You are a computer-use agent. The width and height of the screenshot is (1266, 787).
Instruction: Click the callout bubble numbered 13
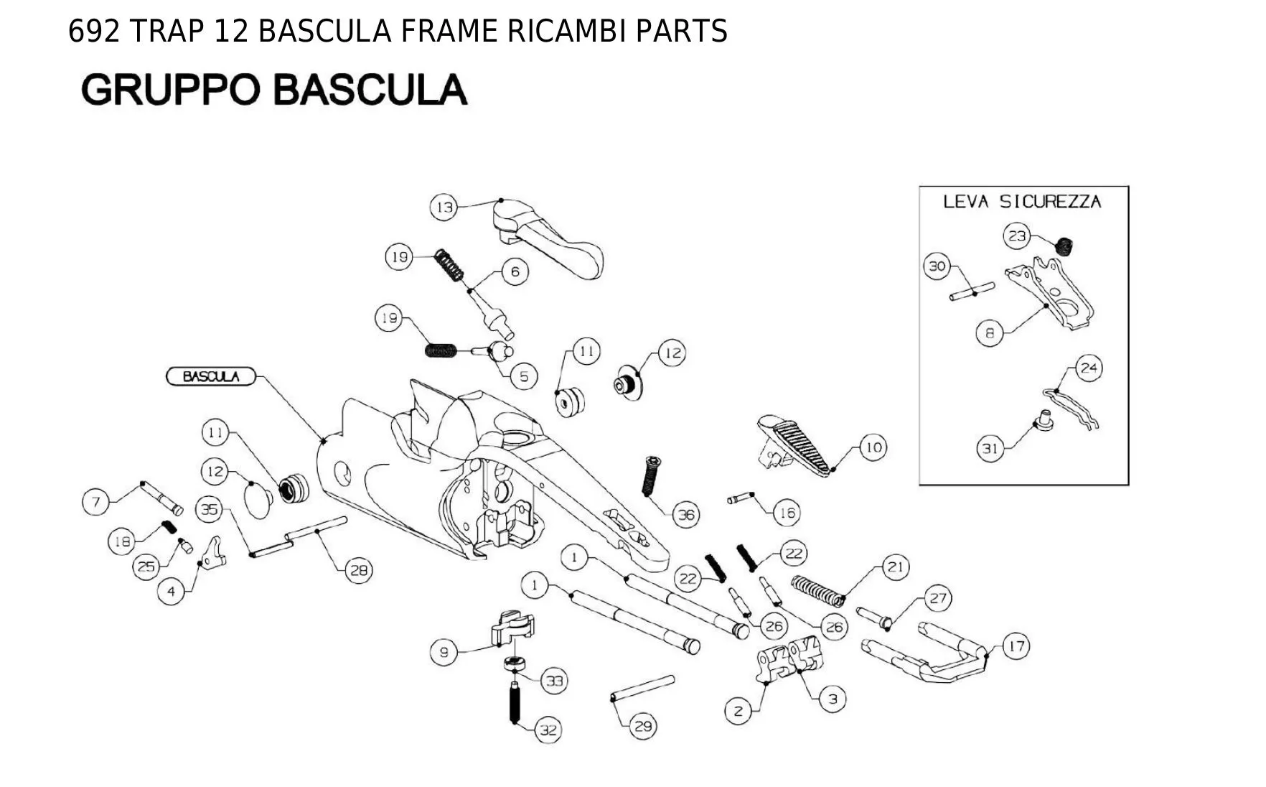tap(444, 208)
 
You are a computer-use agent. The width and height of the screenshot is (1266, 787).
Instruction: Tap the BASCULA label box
tap(211, 376)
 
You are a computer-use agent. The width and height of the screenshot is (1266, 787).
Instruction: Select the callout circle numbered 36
tap(687, 514)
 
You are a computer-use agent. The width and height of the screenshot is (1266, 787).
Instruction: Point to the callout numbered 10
tap(873, 447)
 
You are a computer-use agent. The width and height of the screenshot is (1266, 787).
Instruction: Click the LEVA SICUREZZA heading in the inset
tap(1022, 201)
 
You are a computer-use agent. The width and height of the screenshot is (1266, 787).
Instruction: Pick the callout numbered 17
tap(1016, 646)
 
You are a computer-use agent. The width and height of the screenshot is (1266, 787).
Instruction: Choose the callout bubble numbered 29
tap(642, 727)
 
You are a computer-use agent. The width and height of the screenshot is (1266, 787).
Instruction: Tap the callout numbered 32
tap(548, 730)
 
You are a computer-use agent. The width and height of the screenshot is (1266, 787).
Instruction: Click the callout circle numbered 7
tap(96, 501)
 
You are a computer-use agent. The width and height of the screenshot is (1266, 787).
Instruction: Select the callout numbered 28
tap(359, 570)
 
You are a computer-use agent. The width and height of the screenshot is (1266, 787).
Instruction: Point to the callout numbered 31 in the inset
tap(990, 449)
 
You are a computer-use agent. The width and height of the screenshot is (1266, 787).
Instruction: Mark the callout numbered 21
tap(895, 567)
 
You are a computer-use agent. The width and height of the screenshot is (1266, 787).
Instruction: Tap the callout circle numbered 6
tap(515, 271)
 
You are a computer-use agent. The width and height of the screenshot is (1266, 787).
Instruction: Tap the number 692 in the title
tap(93, 32)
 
